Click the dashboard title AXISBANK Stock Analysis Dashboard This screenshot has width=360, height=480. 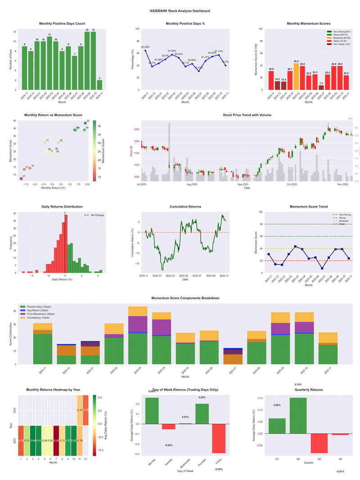(x=180, y=11)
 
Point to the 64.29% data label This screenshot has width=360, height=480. (x=145, y=47)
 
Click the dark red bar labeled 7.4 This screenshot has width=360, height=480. (x=321, y=87)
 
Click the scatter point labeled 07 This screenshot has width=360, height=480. (x=21, y=179)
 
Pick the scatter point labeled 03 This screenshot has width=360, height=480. (x=85, y=123)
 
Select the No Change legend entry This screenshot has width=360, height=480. (x=94, y=215)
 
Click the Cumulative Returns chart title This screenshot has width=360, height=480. (x=185, y=207)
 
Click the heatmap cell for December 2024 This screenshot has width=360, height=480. (x=85, y=410)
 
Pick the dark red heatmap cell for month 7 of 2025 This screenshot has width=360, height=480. (x=56, y=440)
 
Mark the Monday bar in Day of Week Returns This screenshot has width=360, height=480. (x=152, y=411)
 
